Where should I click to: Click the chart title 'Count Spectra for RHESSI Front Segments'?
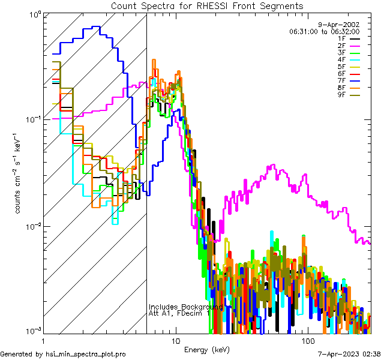point(207,5)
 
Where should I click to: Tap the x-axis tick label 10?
point(175,340)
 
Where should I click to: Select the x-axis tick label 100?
point(307,340)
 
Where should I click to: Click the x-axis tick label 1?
point(44,340)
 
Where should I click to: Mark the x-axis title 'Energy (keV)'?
point(207,349)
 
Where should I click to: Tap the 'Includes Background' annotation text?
point(185,307)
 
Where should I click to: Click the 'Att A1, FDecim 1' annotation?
point(179,313)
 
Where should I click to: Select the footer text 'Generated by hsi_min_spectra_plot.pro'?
point(63,354)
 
